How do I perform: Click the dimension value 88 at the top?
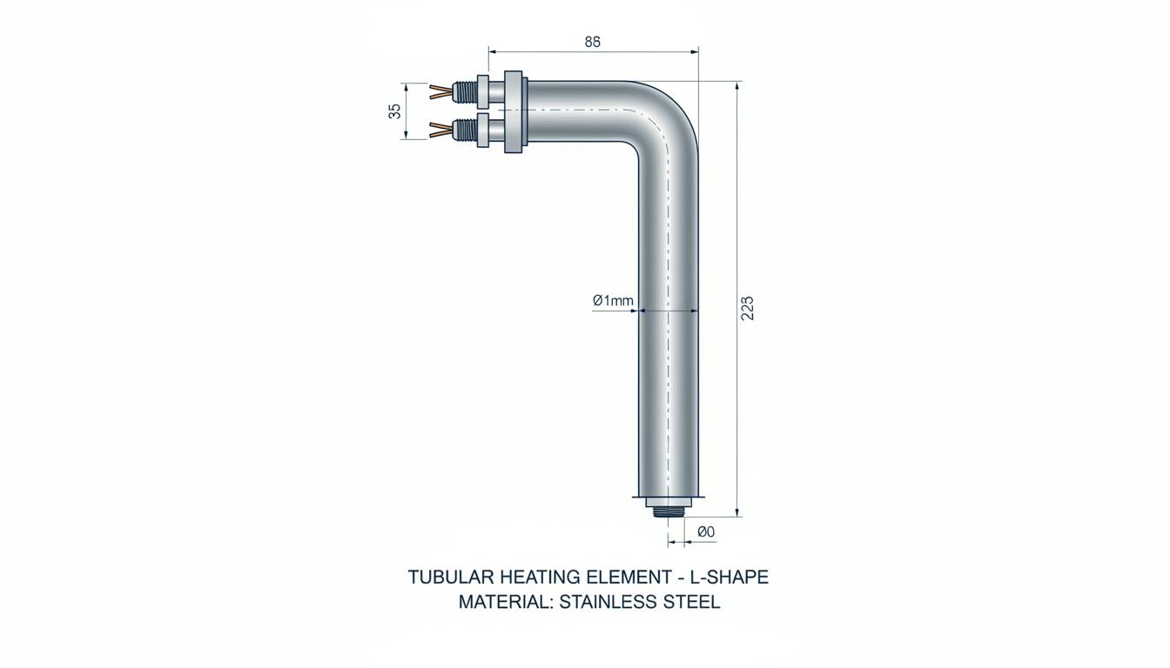coord(592,42)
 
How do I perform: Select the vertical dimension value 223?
coord(748,308)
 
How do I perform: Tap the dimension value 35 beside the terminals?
coord(395,111)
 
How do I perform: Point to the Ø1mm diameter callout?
coord(613,301)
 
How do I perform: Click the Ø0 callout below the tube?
coord(706,531)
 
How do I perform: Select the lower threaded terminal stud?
coord(465,130)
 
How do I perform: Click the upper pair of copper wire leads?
coord(440,91)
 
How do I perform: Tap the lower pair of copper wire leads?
coord(440,130)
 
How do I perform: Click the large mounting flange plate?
coord(516,111)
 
